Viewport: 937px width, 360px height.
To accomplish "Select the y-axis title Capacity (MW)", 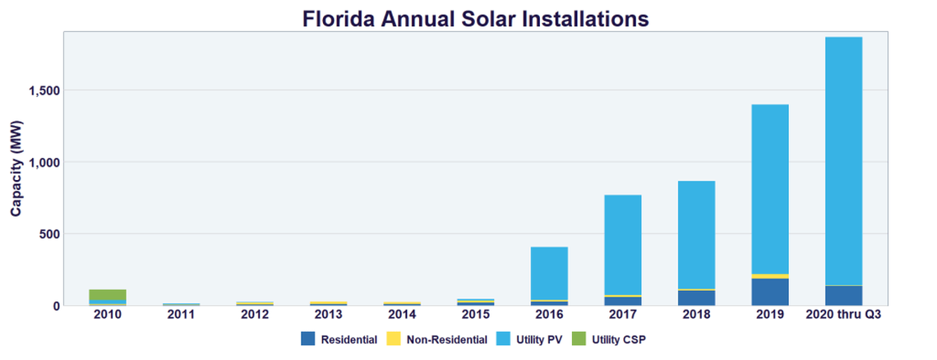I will coord(16,168).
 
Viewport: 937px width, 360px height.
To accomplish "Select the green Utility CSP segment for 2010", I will coord(108,295).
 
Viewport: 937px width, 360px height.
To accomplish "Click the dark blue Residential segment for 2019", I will coord(770,292).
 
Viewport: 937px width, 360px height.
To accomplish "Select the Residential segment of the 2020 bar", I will coord(844,296).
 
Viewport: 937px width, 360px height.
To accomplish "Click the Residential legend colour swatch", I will coord(308,339).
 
